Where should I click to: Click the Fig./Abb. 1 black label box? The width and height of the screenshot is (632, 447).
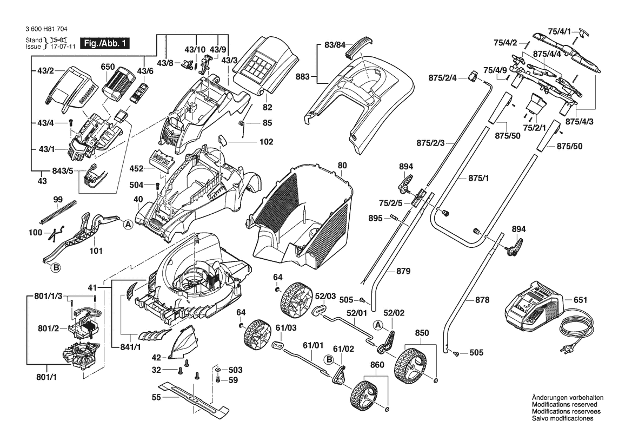click(104, 43)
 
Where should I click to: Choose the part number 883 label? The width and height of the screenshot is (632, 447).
click(302, 77)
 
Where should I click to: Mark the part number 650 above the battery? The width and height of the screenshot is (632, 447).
click(108, 67)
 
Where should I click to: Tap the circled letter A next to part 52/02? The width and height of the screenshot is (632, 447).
click(379, 324)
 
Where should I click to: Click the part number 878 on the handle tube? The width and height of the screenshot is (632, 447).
click(482, 299)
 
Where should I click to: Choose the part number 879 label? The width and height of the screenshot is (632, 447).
click(403, 271)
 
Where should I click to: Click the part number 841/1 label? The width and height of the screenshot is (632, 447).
click(130, 346)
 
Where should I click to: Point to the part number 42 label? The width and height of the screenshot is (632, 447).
click(156, 357)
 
